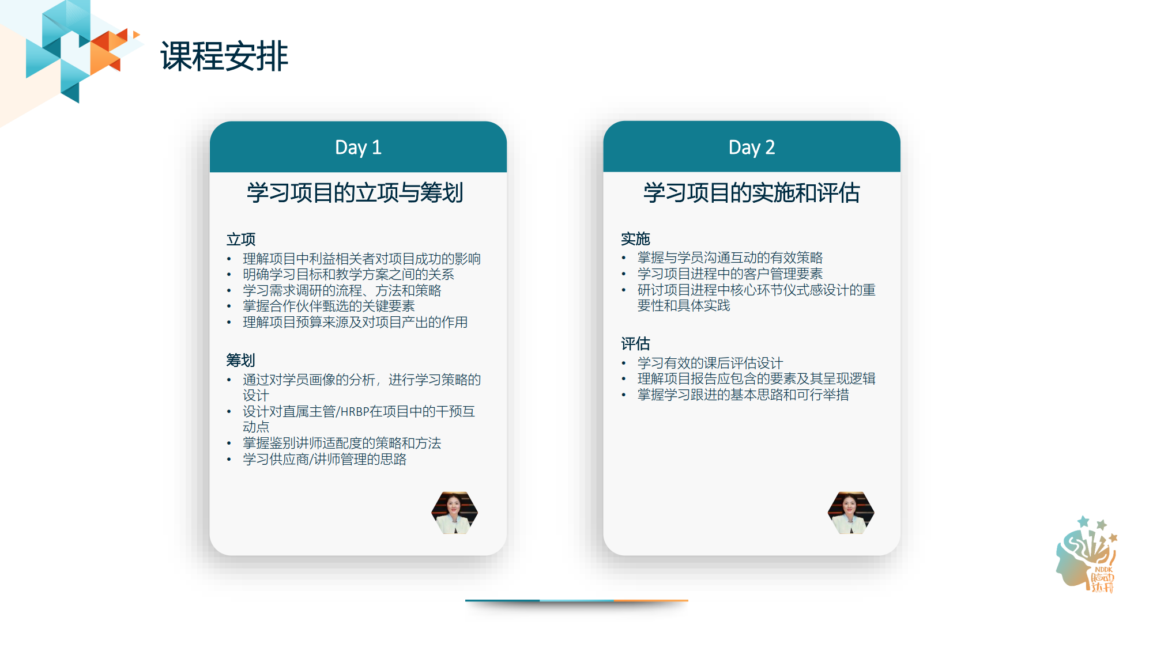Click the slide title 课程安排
pos(224,56)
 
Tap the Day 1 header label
pos(358,147)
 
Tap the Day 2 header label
pos(752,147)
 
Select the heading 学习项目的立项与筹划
pos(355,192)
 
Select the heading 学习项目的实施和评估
pos(752,192)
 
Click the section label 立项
pos(241,239)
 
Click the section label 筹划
pos(241,360)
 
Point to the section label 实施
pos(635,238)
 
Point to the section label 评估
pos(635,344)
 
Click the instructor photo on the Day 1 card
pos(455,513)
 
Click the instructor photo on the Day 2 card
pos(851,513)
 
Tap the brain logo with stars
pos(1087,554)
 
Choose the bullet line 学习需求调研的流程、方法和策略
pos(342,290)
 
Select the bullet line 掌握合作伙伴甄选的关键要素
pos(329,306)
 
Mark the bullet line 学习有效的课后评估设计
pos(710,363)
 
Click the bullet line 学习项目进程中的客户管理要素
pos(730,274)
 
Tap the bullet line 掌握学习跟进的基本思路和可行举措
pos(743,395)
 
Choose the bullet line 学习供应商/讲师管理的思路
pos(325,459)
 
